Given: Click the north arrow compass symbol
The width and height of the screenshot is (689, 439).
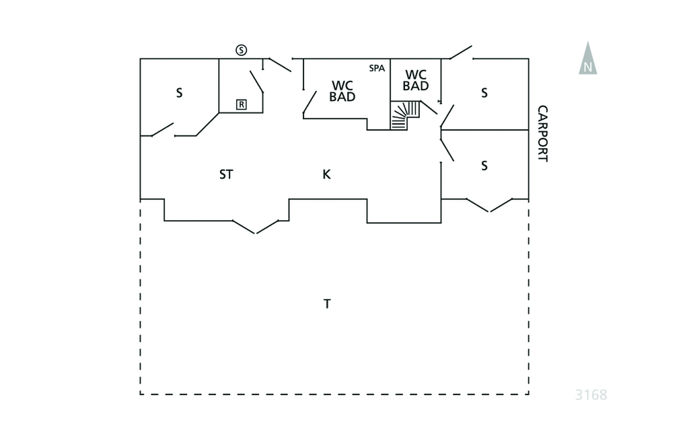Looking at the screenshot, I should [x=588, y=59].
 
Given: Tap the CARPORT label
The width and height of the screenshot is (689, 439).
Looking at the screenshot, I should [x=543, y=134].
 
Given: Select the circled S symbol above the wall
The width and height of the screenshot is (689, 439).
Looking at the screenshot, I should [x=242, y=50].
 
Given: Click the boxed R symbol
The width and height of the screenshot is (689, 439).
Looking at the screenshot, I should [x=241, y=104].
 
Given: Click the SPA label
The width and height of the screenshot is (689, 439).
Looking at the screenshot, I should [x=377, y=68].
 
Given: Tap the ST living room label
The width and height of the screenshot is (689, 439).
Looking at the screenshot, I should [x=226, y=174].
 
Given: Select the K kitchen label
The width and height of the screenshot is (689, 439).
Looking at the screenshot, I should [x=327, y=174].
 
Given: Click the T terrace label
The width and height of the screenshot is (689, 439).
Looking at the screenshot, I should [x=327, y=304].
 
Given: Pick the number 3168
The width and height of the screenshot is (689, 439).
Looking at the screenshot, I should [x=591, y=395].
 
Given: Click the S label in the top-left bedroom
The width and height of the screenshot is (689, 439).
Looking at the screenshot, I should [x=179, y=94].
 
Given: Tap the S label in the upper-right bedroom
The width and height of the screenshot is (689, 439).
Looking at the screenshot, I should [x=484, y=93].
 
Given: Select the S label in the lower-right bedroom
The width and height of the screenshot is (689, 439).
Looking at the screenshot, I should [x=484, y=165].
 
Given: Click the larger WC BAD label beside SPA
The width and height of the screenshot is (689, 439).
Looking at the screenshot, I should [x=342, y=91].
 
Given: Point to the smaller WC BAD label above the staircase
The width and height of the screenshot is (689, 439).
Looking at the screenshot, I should [x=416, y=80].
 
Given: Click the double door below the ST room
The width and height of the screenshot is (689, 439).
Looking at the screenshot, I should [x=255, y=226].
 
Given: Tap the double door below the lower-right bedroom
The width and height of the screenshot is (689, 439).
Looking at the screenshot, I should [x=489, y=205].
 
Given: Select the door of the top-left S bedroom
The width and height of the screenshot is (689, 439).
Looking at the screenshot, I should [x=163, y=129].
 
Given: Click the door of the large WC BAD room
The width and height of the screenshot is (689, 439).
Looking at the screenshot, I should [x=310, y=104].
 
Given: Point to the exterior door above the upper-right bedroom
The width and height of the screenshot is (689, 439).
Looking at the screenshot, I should [x=461, y=53].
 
